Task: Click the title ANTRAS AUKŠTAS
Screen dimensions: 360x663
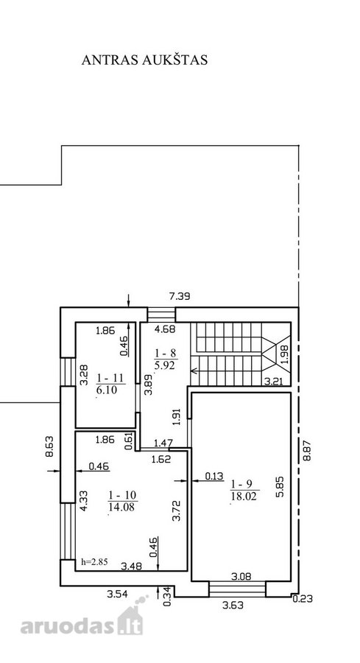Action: [x=144, y=60]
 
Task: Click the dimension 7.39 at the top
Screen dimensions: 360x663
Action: [x=180, y=296]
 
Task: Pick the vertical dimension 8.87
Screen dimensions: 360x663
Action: [x=307, y=449]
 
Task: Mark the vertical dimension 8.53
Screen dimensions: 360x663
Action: [x=49, y=446]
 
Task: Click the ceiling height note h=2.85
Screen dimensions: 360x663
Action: [x=94, y=562]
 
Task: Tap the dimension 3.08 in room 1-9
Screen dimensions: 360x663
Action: [x=241, y=575]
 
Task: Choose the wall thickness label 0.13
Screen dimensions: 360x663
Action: [x=214, y=476]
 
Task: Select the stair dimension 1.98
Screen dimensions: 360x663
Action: [x=284, y=354]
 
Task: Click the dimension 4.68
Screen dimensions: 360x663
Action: [x=166, y=328]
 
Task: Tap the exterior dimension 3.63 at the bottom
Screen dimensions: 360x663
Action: [x=233, y=605]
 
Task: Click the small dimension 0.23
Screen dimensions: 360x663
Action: [x=303, y=599]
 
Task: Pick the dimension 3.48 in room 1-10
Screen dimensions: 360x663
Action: [x=131, y=566]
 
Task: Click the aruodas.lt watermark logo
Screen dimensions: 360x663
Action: [x=82, y=620]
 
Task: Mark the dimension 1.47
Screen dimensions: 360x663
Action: [x=163, y=443]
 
